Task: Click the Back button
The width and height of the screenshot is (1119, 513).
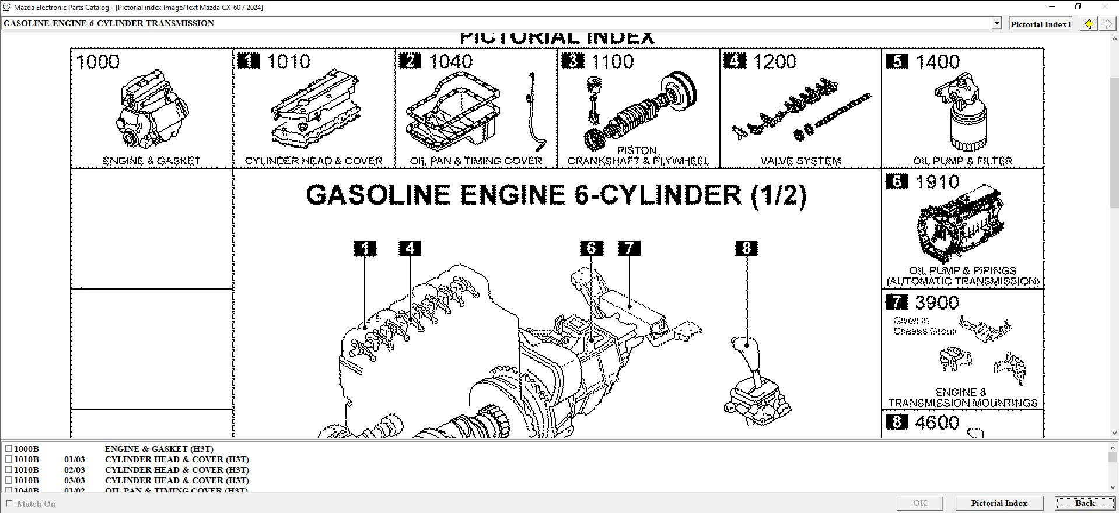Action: coord(1085,503)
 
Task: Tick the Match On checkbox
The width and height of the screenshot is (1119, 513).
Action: coord(9,503)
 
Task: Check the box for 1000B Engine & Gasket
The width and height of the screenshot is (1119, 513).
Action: coord(8,449)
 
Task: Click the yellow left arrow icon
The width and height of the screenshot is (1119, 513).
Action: coord(1089,24)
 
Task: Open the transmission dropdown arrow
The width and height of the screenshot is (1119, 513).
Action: coord(996,23)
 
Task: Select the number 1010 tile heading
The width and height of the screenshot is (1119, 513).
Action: coord(289,62)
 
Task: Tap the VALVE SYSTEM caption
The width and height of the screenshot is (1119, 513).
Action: coord(800,161)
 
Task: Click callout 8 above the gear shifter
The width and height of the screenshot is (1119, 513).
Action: coord(746,248)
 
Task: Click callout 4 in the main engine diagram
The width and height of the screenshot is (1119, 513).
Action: coord(410,248)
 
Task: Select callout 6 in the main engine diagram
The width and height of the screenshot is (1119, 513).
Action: coord(591,248)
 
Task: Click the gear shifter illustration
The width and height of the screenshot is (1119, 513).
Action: coord(756,385)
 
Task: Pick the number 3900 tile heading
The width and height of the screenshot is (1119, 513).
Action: coord(937,303)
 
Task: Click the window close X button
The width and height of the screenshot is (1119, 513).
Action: coord(1104,7)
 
